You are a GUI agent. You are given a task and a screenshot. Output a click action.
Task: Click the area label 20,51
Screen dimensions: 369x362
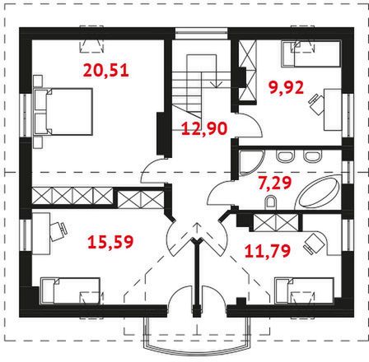pos(106,70)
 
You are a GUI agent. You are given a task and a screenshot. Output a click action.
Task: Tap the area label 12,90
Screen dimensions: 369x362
pos(204,128)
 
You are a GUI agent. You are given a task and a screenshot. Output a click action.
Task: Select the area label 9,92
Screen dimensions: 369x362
pos(286,88)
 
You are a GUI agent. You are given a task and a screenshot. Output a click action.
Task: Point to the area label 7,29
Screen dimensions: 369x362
pos(275,183)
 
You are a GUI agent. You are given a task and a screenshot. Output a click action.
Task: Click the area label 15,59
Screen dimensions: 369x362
pos(110,242)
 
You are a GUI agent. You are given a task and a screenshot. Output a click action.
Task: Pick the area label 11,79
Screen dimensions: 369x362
pos(268,251)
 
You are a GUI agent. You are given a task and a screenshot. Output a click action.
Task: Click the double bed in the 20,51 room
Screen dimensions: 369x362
pos(63,111)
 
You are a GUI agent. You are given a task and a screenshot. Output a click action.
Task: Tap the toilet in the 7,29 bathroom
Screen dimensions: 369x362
pos(270,202)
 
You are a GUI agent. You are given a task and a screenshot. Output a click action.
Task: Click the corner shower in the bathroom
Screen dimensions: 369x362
pos(250,162)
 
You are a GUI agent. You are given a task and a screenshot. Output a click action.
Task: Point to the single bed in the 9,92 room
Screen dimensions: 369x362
pos(311,53)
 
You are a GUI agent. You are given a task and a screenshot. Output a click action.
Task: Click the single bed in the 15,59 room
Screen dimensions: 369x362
pos(70,290)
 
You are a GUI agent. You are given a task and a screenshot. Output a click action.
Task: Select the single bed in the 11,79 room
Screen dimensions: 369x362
pos(304,290)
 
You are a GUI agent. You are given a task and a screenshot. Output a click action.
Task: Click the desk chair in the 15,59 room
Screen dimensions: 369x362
pos(58,231)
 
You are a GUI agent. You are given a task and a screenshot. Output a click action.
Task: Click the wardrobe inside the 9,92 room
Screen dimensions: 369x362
pos(247,71)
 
